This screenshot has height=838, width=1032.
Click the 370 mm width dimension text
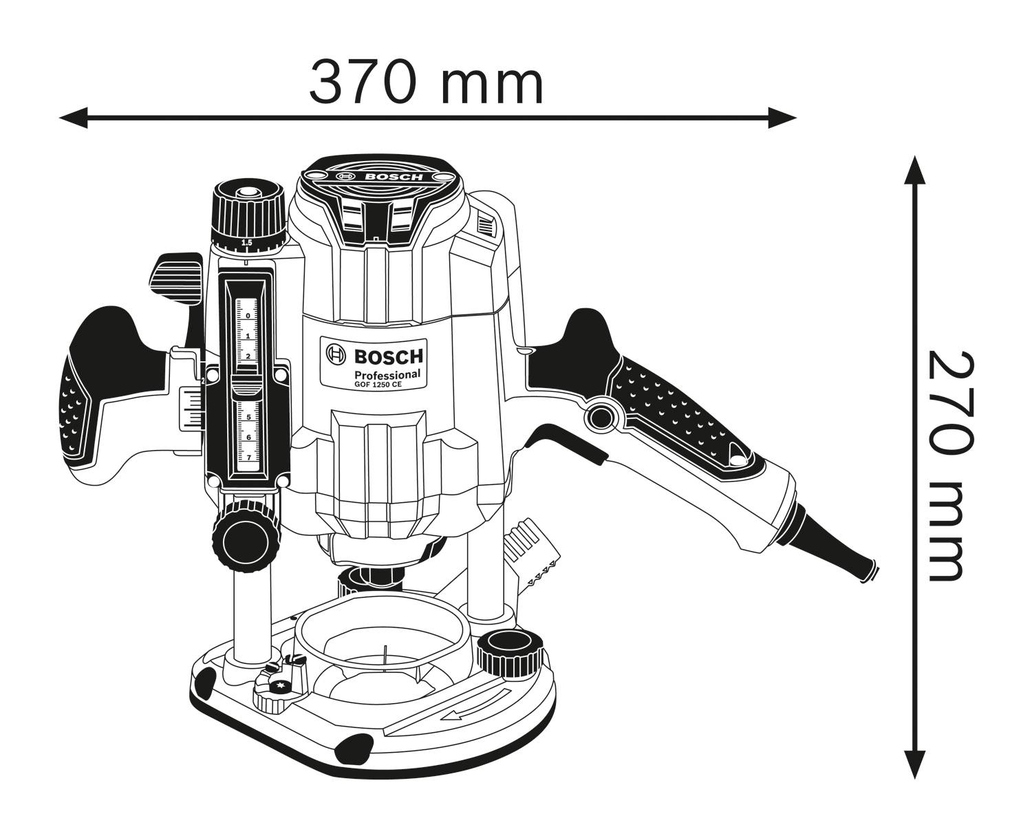[426, 82]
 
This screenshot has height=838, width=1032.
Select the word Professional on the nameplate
[387, 374]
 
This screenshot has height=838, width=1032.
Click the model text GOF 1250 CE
[377, 385]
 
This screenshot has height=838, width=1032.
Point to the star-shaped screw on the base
[279, 686]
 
